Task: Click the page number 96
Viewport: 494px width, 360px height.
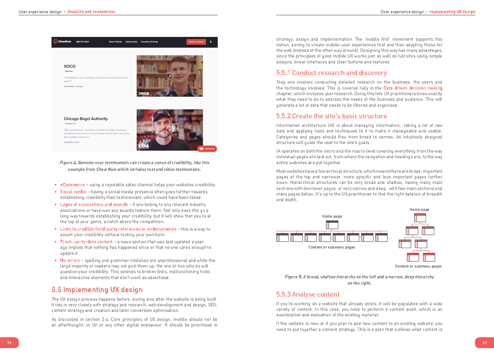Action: (x=9, y=343)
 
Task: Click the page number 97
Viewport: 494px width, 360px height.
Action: (x=485, y=343)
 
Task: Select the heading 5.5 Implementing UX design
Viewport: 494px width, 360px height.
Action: (x=97, y=290)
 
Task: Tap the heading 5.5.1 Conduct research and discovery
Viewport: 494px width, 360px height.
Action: (x=331, y=73)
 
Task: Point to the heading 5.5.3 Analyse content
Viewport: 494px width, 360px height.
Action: (x=308, y=294)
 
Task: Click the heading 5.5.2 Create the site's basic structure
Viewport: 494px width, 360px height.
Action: (x=331, y=116)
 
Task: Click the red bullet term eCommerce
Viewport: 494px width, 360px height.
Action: (x=72, y=185)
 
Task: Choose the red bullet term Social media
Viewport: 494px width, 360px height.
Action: (x=73, y=192)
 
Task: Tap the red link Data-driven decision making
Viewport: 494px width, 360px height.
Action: (x=412, y=88)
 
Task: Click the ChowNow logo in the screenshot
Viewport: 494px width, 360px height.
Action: (x=62, y=42)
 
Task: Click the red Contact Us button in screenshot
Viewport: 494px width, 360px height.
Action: (x=207, y=149)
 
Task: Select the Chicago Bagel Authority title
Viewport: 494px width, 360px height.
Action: (x=86, y=119)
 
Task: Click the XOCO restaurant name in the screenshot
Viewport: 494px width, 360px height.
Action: (x=70, y=66)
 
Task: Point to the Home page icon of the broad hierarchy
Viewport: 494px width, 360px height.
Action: (x=332, y=225)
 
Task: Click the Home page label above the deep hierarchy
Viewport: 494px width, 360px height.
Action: (x=419, y=209)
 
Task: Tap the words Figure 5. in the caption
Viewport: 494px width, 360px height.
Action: (x=293, y=277)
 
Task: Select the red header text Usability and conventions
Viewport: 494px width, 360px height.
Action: (x=91, y=12)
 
